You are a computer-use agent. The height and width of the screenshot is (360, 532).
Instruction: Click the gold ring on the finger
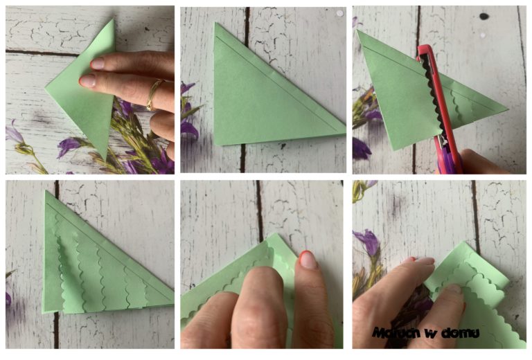152,96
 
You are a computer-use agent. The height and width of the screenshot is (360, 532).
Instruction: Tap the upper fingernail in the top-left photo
98,64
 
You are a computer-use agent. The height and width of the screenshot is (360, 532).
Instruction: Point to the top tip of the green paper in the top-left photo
113,19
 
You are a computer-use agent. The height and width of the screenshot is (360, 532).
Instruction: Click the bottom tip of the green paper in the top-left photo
103,159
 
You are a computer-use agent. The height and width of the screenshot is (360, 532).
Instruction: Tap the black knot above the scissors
484,17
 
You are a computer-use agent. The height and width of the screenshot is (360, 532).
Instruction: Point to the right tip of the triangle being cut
508,109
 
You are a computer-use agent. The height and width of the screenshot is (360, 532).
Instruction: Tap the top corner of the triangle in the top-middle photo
215,23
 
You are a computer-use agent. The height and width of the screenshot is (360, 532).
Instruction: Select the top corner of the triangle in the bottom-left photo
46,191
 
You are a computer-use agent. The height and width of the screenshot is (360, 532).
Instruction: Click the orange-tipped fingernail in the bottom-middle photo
308,260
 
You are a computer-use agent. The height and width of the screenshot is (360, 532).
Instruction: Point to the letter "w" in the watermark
431,334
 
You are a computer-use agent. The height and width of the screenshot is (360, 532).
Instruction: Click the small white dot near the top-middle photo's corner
339,13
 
